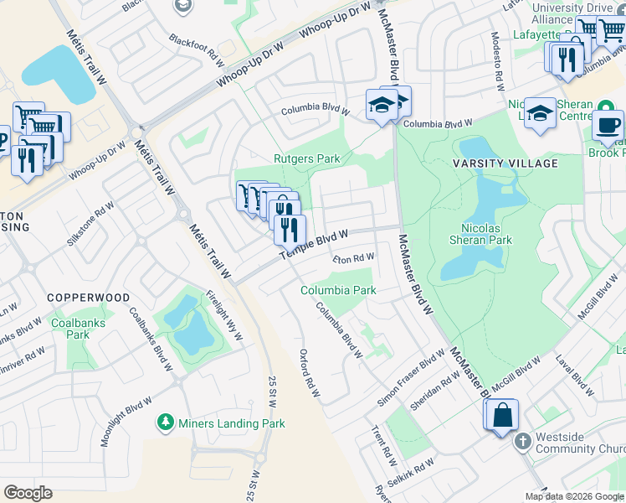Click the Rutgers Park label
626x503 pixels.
(306, 158)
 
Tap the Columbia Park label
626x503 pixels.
(339, 291)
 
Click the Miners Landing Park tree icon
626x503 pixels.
(166, 423)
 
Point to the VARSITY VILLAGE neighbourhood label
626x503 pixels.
(505, 163)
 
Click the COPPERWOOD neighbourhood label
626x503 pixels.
(88, 298)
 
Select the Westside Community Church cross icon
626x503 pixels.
(522, 441)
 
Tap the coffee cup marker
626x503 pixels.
(608, 126)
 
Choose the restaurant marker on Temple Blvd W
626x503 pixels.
(290, 229)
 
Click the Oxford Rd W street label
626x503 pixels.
(310, 373)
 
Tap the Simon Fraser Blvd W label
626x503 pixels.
(411, 378)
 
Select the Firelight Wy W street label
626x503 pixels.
(224, 315)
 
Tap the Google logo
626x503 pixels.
(28, 493)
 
